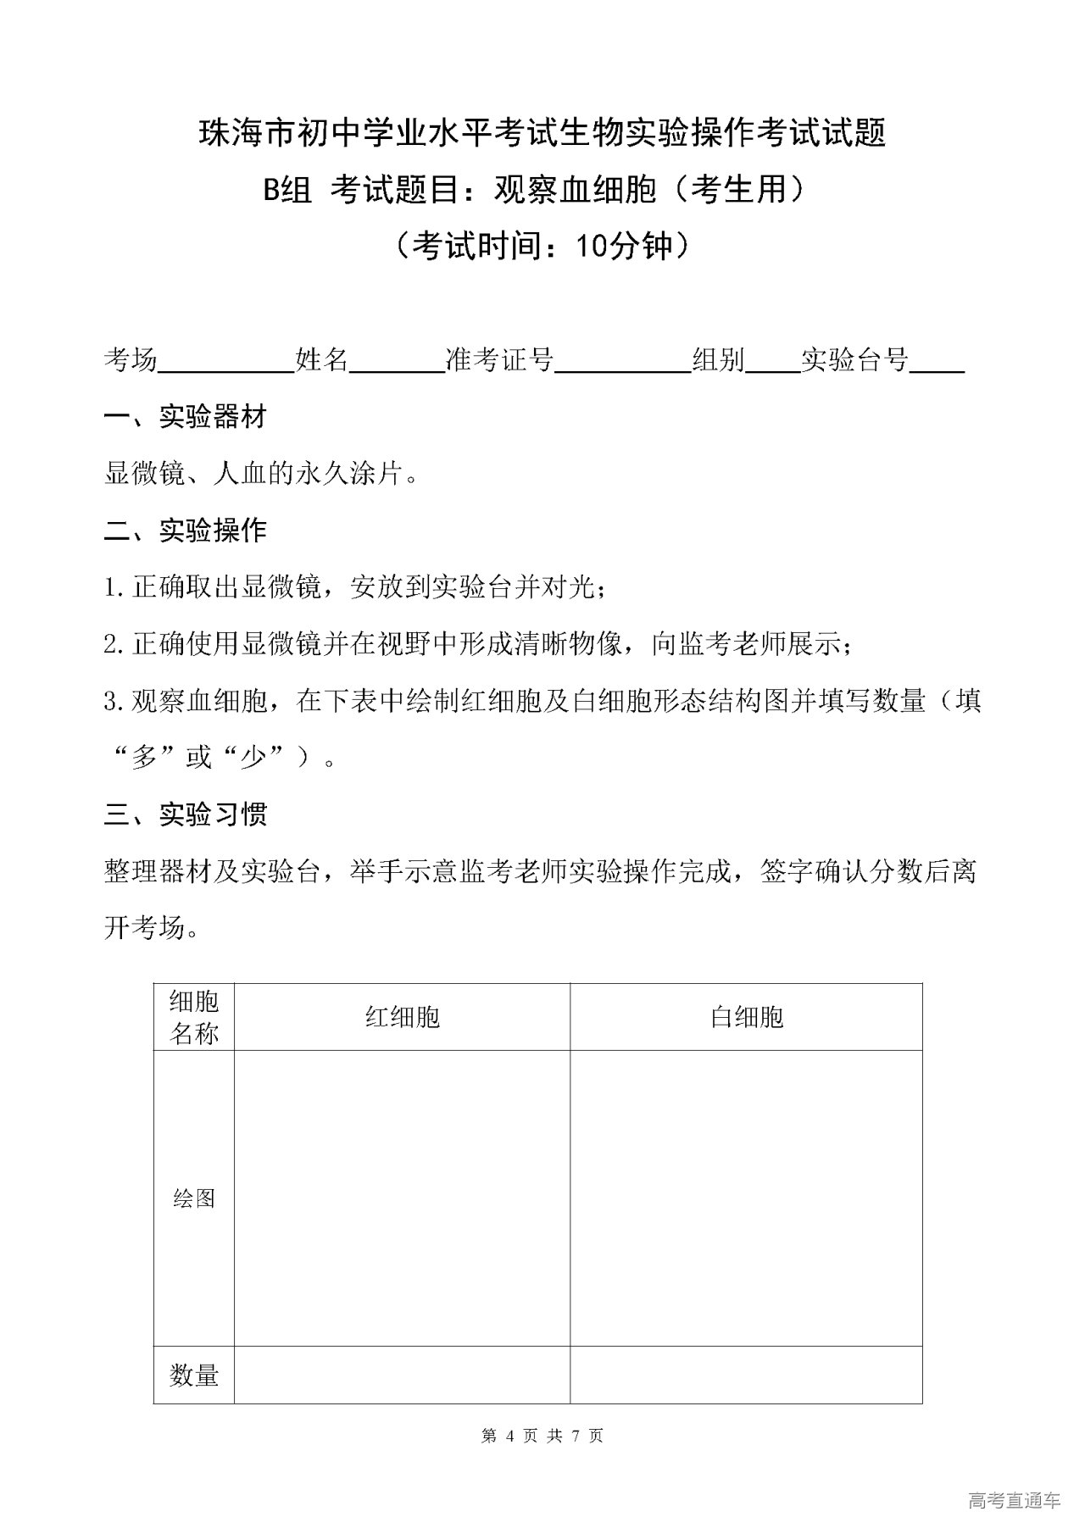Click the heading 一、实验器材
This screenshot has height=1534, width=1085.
[186, 416]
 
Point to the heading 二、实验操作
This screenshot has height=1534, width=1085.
[186, 531]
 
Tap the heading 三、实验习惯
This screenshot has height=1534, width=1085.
[186, 814]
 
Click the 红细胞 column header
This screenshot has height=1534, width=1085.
[402, 1017]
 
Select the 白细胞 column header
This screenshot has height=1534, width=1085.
[746, 1017]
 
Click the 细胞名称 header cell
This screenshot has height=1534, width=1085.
[194, 1017]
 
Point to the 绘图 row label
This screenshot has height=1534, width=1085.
[194, 1198]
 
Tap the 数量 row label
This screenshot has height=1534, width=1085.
[194, 1375]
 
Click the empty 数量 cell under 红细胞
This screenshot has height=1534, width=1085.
[402, 1375]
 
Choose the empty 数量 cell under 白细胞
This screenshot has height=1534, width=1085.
[746, 1375]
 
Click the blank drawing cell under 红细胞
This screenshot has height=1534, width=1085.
[402, 1198]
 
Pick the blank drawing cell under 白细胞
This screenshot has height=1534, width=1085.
[746, 1198]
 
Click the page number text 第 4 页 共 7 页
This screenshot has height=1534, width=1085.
[542, 1436]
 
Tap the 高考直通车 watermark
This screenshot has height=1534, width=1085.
[1014, 1501]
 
